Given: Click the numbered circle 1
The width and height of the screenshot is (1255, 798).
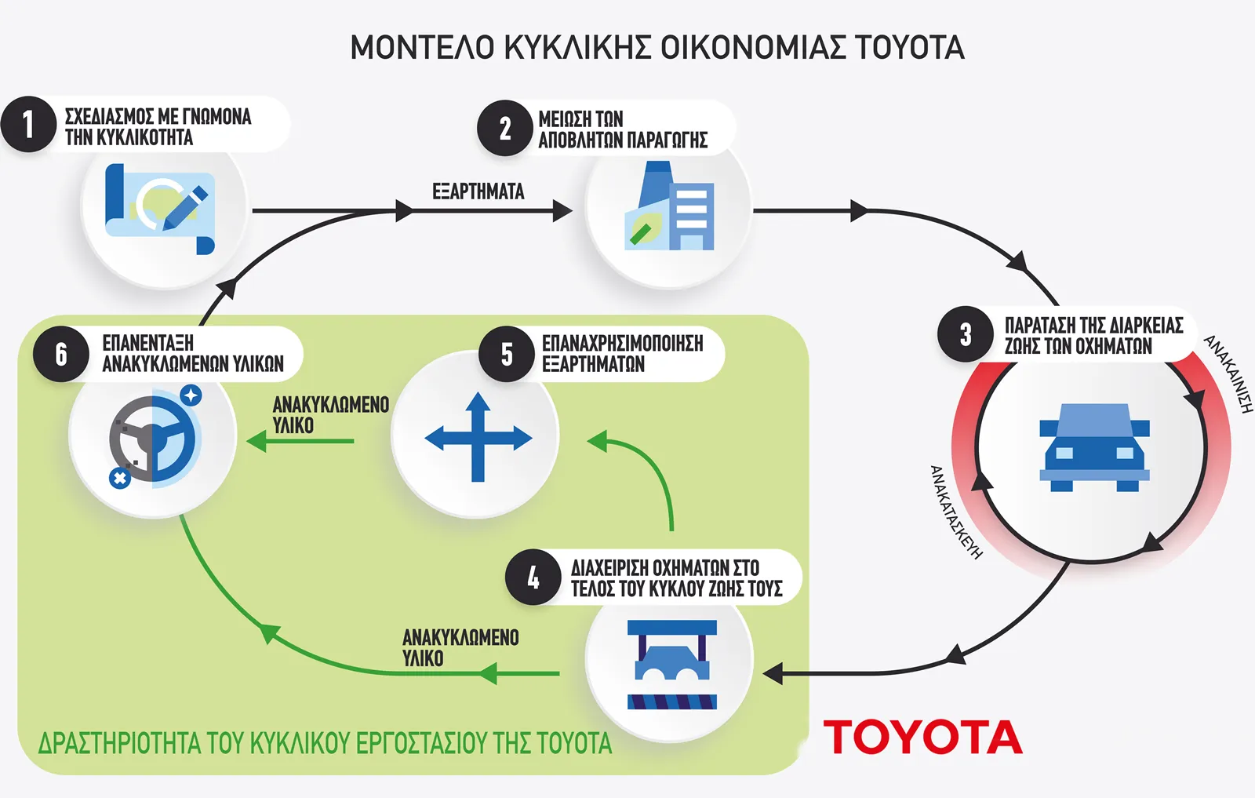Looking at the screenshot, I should (29, 124).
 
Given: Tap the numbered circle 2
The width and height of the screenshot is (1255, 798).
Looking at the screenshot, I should (505, 128).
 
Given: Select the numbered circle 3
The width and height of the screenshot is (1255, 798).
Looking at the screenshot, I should (966, 333).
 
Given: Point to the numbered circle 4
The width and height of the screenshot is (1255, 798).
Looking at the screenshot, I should (533, 578).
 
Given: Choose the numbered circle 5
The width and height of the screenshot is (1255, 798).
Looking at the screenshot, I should (507, 354).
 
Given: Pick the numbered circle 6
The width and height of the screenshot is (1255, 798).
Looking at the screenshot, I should (61, 354).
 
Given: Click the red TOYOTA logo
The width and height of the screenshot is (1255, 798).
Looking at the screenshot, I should (922, 738).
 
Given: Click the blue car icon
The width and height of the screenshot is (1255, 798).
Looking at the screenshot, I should (1094, 447).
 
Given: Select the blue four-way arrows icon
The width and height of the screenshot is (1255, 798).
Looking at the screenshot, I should (478, 438).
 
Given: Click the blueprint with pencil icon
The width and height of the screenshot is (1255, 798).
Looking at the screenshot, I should (160, 208).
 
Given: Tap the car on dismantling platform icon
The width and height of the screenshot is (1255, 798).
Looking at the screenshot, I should (672, 664).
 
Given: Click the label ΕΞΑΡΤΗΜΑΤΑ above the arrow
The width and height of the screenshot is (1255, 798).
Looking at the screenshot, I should (478, 191).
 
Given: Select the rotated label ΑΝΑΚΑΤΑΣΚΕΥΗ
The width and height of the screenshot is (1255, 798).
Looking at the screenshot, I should (955, 512).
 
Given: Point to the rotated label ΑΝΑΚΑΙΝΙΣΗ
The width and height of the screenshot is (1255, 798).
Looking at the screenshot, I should (1229, 373).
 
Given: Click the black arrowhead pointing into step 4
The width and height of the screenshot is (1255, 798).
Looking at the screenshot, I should (773, 673).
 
